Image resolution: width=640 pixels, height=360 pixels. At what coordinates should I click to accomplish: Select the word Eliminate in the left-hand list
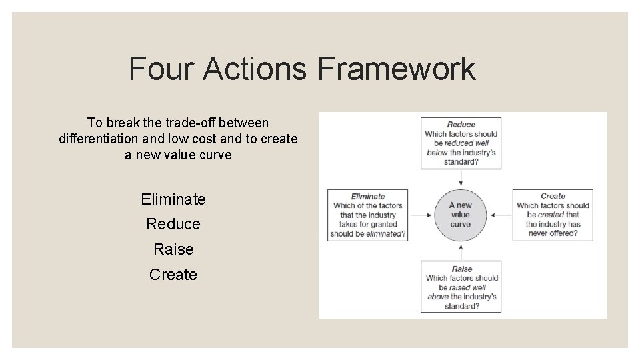pos(173,199)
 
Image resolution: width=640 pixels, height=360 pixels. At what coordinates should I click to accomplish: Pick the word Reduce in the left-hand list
pos(173,224)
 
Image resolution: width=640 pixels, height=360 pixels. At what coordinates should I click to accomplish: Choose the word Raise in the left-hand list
pos(173,249)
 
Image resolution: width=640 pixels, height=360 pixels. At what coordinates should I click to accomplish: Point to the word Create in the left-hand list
pos(173,275)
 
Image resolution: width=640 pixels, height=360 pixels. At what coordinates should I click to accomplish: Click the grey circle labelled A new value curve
pos(460,215)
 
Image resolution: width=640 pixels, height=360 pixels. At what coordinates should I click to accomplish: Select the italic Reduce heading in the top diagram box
pos(461,125)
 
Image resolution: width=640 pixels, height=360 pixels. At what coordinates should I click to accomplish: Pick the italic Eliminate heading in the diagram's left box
pos(367,197)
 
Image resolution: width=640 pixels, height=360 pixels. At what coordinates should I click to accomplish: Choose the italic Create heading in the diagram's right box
pos(553,196)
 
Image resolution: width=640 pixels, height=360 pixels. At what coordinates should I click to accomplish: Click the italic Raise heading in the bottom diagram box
pos(461,269)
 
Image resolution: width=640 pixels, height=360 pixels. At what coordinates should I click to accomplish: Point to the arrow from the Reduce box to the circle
pos(461,178)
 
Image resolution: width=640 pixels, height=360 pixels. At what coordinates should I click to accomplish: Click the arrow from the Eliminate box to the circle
pos(421,215)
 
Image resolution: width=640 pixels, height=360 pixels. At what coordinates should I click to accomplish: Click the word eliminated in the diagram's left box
pos(384,234)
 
